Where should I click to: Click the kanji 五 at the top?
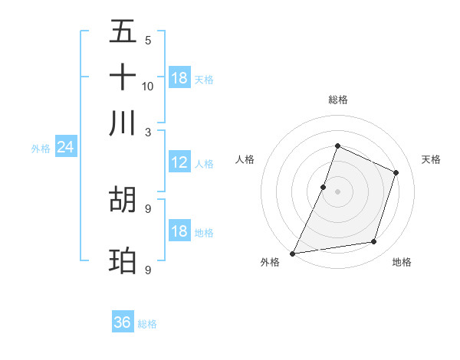point(123,31)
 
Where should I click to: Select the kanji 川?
point(123,123)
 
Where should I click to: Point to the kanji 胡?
point(123,199)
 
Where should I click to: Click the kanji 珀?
point(123,260)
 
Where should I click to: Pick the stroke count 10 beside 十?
point(148,86)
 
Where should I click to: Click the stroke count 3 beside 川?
point(148,132)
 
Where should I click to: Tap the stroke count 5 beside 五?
point(148,40)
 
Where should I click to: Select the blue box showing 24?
point(65,147)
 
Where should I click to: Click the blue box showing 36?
point(123,322)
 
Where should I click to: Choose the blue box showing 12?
point(179,162)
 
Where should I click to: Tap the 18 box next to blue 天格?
point(179,78)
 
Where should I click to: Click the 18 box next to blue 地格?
point(179,231)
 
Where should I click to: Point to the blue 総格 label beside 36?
point(147,324)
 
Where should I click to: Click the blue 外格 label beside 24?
point(40,149)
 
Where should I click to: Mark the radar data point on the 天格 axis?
point(396,172)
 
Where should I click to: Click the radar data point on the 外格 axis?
point(293,254)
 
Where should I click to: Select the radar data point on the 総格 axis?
point(337,146)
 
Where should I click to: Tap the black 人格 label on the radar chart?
point(245,159)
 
